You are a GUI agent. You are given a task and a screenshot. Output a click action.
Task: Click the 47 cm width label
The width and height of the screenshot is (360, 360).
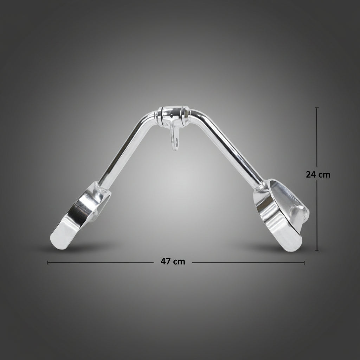tap(173, 262)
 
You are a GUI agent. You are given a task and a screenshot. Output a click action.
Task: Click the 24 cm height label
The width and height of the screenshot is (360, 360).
tap(318, 175)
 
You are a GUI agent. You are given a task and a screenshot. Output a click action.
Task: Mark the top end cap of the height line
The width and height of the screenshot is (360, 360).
tap(317, 108)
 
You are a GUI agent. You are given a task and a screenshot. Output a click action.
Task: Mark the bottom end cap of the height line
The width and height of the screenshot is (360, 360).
tap(317, 251)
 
